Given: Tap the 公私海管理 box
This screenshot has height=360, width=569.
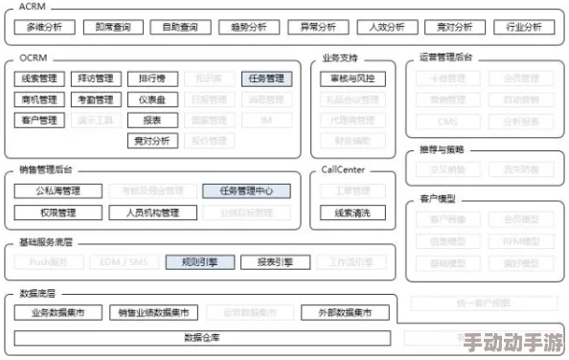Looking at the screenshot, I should point(58,191).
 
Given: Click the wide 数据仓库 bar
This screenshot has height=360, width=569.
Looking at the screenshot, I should point(202,337).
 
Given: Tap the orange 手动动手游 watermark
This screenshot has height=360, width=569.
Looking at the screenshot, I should point(515,343).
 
